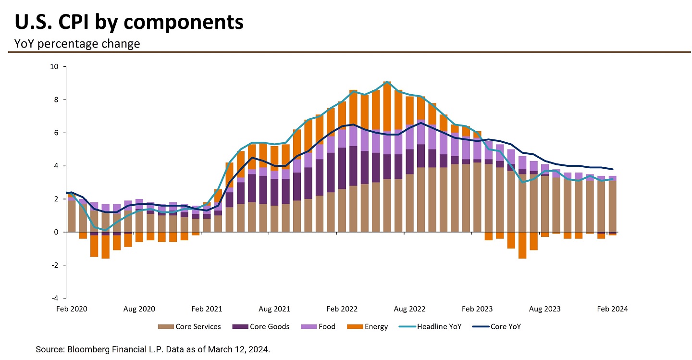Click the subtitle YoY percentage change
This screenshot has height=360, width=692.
pyautogui.click(x=77, y=44)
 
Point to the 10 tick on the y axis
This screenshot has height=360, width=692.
pyautogui.click(x=54, y=67)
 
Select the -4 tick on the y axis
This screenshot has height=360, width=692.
pyautogui.click(x=55, y=298)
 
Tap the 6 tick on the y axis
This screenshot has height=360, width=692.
pyautogui.click(x=56, y=133)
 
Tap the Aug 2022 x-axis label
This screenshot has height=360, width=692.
pyautogui.click(x=410, y=309)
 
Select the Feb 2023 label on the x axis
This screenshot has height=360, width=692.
pyautogui.click(x=478, y=309)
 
